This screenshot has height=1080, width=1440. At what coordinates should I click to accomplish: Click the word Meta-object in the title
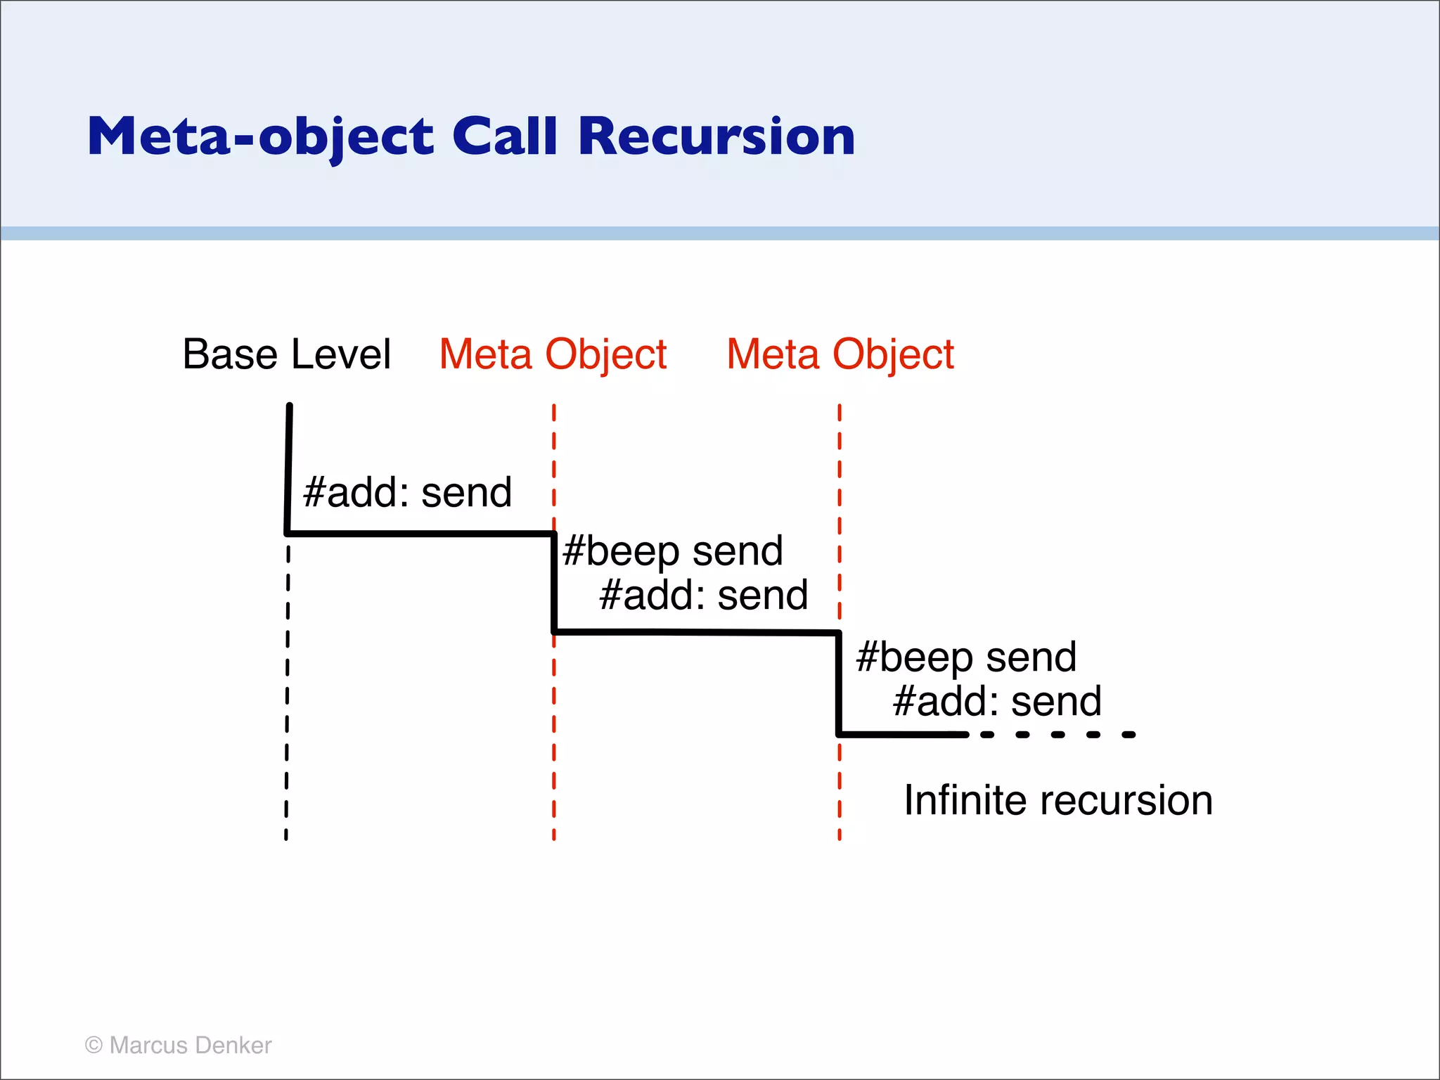tap(260, 136)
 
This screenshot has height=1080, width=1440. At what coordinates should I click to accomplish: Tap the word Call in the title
tap(504, 136)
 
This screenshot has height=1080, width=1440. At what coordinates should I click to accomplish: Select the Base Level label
tap(286, 354)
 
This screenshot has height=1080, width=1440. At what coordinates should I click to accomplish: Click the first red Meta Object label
tap(553, 354)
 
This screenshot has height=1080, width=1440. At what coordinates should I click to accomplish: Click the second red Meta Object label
tap(840, 354)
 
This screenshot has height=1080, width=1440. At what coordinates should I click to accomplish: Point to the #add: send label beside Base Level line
tap(407, 492)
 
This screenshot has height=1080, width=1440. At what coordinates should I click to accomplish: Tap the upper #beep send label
tap(673, 551)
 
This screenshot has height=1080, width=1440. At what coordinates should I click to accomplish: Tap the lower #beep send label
tap(966, 657)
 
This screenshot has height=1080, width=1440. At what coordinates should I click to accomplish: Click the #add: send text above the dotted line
tap(996, 702)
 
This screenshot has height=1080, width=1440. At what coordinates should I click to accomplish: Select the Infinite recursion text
tap(1058, 800)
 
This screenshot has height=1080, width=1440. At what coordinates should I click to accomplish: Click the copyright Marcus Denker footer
tap(178, 1045)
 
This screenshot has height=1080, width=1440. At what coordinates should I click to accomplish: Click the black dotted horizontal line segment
tap(1058, 735)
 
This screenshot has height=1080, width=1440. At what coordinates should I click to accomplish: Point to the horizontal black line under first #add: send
tap(420, 534)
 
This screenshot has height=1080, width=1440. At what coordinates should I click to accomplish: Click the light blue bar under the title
tap(720, 233)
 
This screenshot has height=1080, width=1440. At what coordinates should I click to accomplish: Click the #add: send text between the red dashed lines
tap(703, 596)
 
